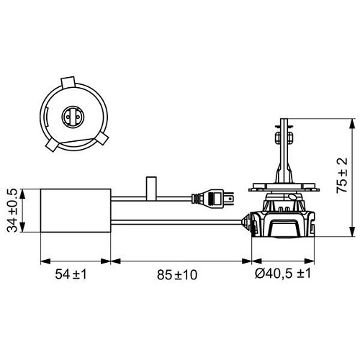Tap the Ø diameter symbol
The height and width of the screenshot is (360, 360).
(258, 275)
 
